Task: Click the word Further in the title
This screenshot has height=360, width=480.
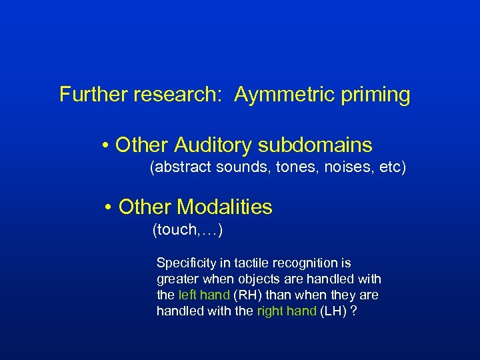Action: (x=93, y=95)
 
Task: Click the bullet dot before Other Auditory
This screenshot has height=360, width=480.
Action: (x=106, y=145)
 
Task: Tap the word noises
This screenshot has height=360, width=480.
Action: (x=337, y=167)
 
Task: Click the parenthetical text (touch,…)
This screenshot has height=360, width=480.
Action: (x=187, y=231)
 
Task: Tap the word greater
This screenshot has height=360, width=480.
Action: (x=177, y=279)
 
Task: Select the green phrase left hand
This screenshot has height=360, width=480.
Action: (x=204, y=295)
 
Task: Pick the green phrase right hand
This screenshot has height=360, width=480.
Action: (x=287, y=311)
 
